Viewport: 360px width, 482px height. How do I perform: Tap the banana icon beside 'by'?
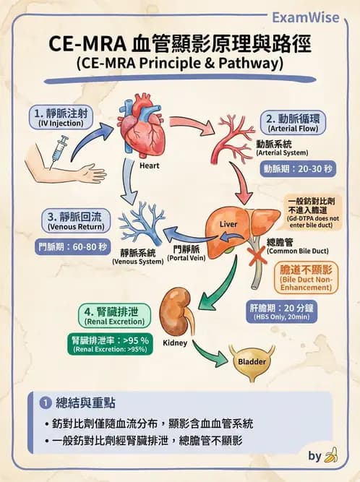[x=331, y=455]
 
